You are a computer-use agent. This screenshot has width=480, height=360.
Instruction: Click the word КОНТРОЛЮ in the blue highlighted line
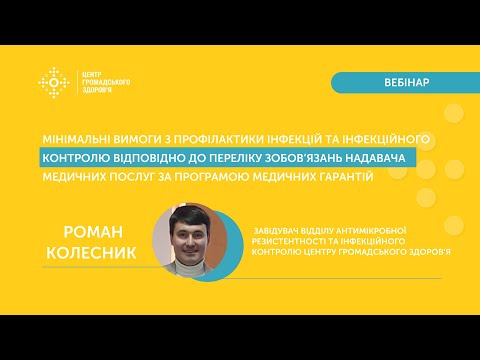76,157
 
